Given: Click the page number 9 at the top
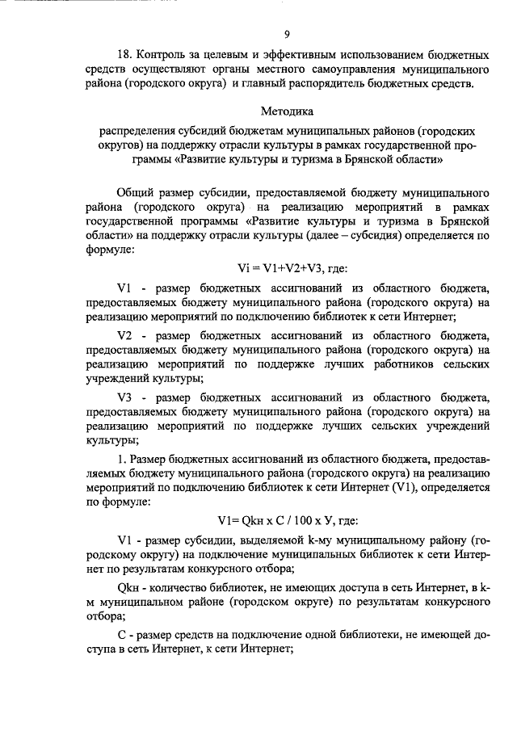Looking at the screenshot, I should point(287,33).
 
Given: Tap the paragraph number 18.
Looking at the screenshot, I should point(124,56).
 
